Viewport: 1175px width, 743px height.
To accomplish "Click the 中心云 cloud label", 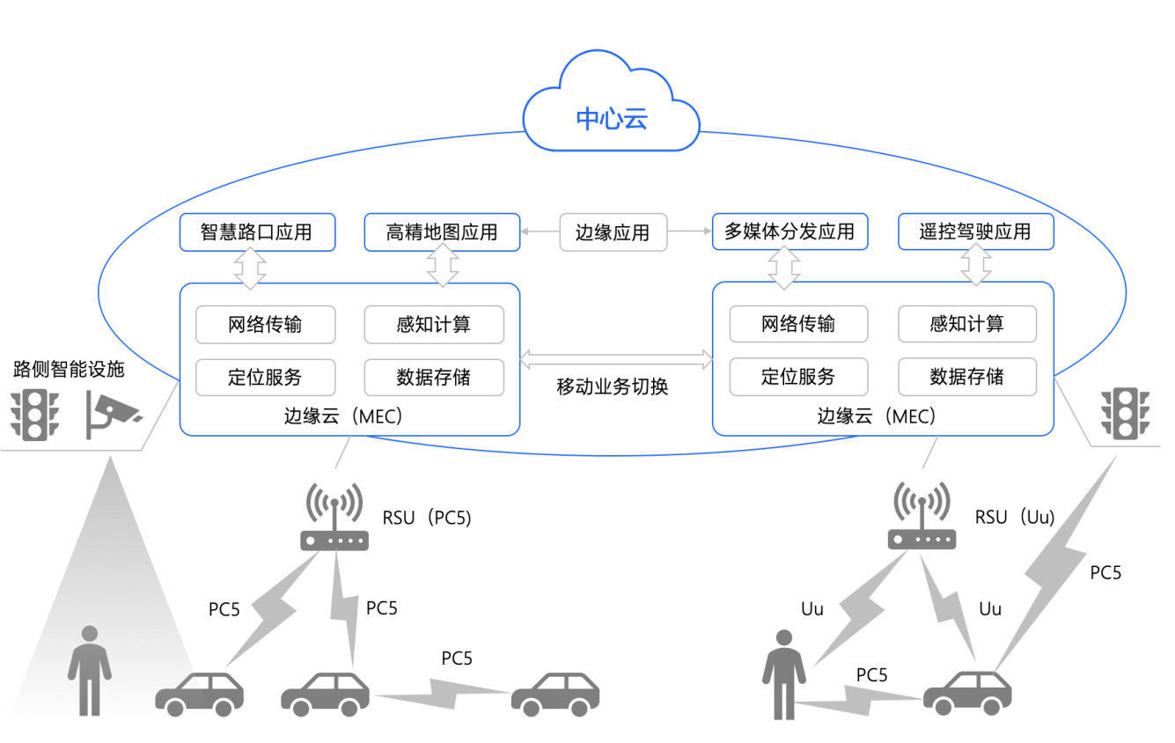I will (x=612, y=118).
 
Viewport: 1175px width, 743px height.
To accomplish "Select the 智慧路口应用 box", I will (x=257, y=232).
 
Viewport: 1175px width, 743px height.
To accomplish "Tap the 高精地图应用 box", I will (x=442, y=232).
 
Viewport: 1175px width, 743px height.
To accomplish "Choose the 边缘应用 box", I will (x=613, y=232).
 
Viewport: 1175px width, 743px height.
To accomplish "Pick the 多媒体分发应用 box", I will (x=789, y=232).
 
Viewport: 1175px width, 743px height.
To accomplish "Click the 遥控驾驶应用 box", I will (x=975, y=232).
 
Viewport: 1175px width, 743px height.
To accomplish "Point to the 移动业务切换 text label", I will (x=613, y=386).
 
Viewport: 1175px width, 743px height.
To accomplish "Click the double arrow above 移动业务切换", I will (x=616, y=358).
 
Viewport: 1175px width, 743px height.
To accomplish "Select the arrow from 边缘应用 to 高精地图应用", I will (x=540, y=232).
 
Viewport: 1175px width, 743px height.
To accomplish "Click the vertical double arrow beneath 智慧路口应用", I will (x=250, y=268).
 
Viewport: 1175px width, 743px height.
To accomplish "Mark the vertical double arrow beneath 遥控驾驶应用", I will (x=975, y=267).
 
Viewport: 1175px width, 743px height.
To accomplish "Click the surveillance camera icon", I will (x=112, y=416).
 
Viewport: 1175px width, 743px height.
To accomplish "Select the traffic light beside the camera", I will (x=33, y=416).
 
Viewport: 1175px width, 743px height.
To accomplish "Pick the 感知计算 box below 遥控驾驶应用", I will (x=966, y=324).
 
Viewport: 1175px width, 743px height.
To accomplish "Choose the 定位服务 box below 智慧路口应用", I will (x=265, y=377).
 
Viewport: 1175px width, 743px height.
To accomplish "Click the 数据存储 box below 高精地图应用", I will (x=434, y=377).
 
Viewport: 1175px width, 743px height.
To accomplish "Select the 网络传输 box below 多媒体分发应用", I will (x=798, y=324).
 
